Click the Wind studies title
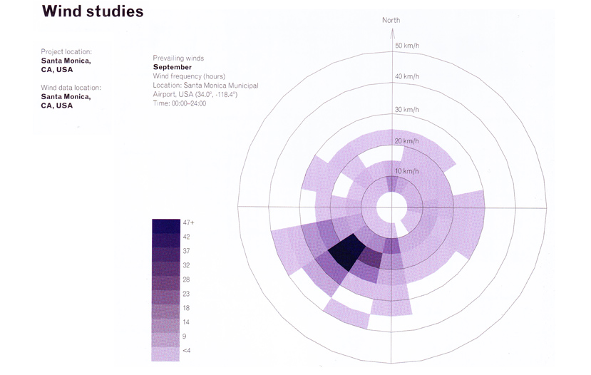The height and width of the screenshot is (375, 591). coord(93,11)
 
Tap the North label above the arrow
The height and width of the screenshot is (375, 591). coord(391,21)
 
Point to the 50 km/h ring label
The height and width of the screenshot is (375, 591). coord(407,46)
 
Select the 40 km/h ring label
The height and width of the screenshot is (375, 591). coord(407,76)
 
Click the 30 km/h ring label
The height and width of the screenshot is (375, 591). coord(407,110)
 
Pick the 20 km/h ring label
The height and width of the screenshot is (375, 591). coord(406,141)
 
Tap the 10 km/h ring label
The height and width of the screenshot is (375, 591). coord(406,171)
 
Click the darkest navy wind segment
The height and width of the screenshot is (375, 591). coord(346,251)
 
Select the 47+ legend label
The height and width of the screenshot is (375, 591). coord(188,222)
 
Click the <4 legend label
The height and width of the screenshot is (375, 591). coord(187,351)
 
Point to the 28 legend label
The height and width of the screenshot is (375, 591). coord(186,279)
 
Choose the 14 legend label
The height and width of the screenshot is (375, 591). coord(186,322)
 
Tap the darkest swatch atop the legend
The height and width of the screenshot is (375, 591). coord(166,226)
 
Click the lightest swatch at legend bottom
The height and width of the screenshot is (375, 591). coord(165,354)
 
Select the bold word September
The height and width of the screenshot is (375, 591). coord(173,68)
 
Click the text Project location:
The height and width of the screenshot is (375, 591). coord(66,51)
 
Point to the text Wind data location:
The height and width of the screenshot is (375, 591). coord(71,88)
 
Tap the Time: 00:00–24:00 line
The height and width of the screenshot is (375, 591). coord(180,103)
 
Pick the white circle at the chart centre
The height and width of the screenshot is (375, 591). coord(391,207)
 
